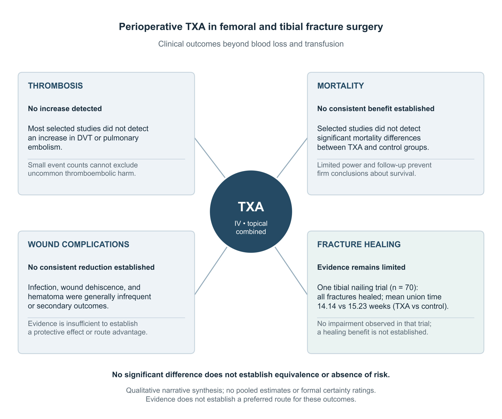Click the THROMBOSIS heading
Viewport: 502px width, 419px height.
point(55,86)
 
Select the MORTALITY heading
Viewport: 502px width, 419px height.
point(340,86)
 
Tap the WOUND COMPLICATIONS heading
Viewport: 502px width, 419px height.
point(79,244)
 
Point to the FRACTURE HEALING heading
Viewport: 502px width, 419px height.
point(359,244)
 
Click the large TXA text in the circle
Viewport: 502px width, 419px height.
point(251,207)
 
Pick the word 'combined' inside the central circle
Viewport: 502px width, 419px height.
point(251,232)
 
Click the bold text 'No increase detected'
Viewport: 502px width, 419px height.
point(65,109)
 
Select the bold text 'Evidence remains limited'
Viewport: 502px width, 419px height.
point(361,267)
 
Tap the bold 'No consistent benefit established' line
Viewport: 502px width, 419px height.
point(376,109)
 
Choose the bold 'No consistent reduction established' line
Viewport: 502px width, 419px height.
point(91,267)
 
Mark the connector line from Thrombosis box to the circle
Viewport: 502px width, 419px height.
point(210,158)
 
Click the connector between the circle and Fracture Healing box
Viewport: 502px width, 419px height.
point(291,271)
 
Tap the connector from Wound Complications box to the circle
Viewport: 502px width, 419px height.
point(211,271)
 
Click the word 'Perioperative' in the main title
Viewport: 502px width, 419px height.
point(151,27)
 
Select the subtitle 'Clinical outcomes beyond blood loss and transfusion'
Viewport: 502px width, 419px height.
point(251,44)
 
